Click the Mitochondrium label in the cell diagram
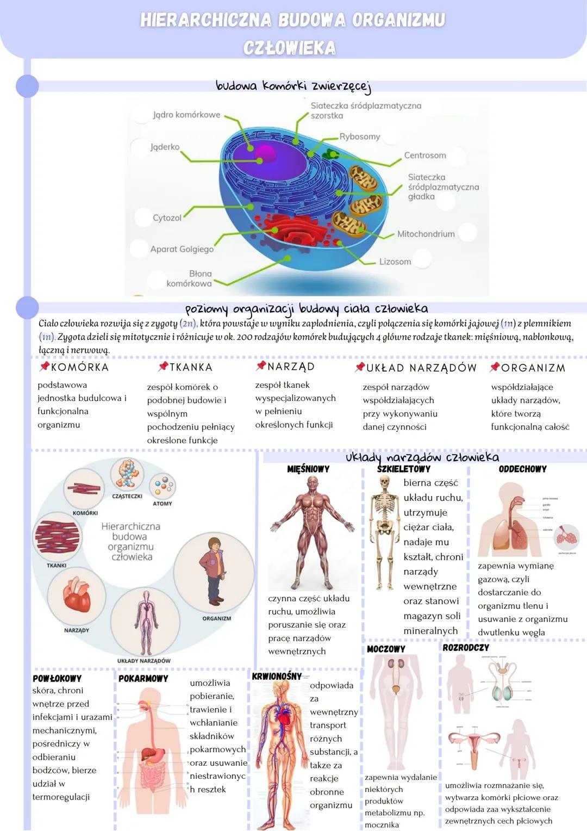point(426,234)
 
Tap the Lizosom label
point(395,262)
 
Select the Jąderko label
point(165,147)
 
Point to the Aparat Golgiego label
point(182,249)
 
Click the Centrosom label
point(424,156)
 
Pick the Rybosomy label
point(359,137)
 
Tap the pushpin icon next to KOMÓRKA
point(45,367)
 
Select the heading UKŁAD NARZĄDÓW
point(421,368)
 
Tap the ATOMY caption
point(163,504)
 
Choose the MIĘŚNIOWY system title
point(308,469)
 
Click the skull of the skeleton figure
point(385,482)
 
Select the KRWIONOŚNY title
point(277,676)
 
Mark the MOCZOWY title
point(386,649)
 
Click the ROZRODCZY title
point(465,648)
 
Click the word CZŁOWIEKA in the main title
point(290,48)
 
